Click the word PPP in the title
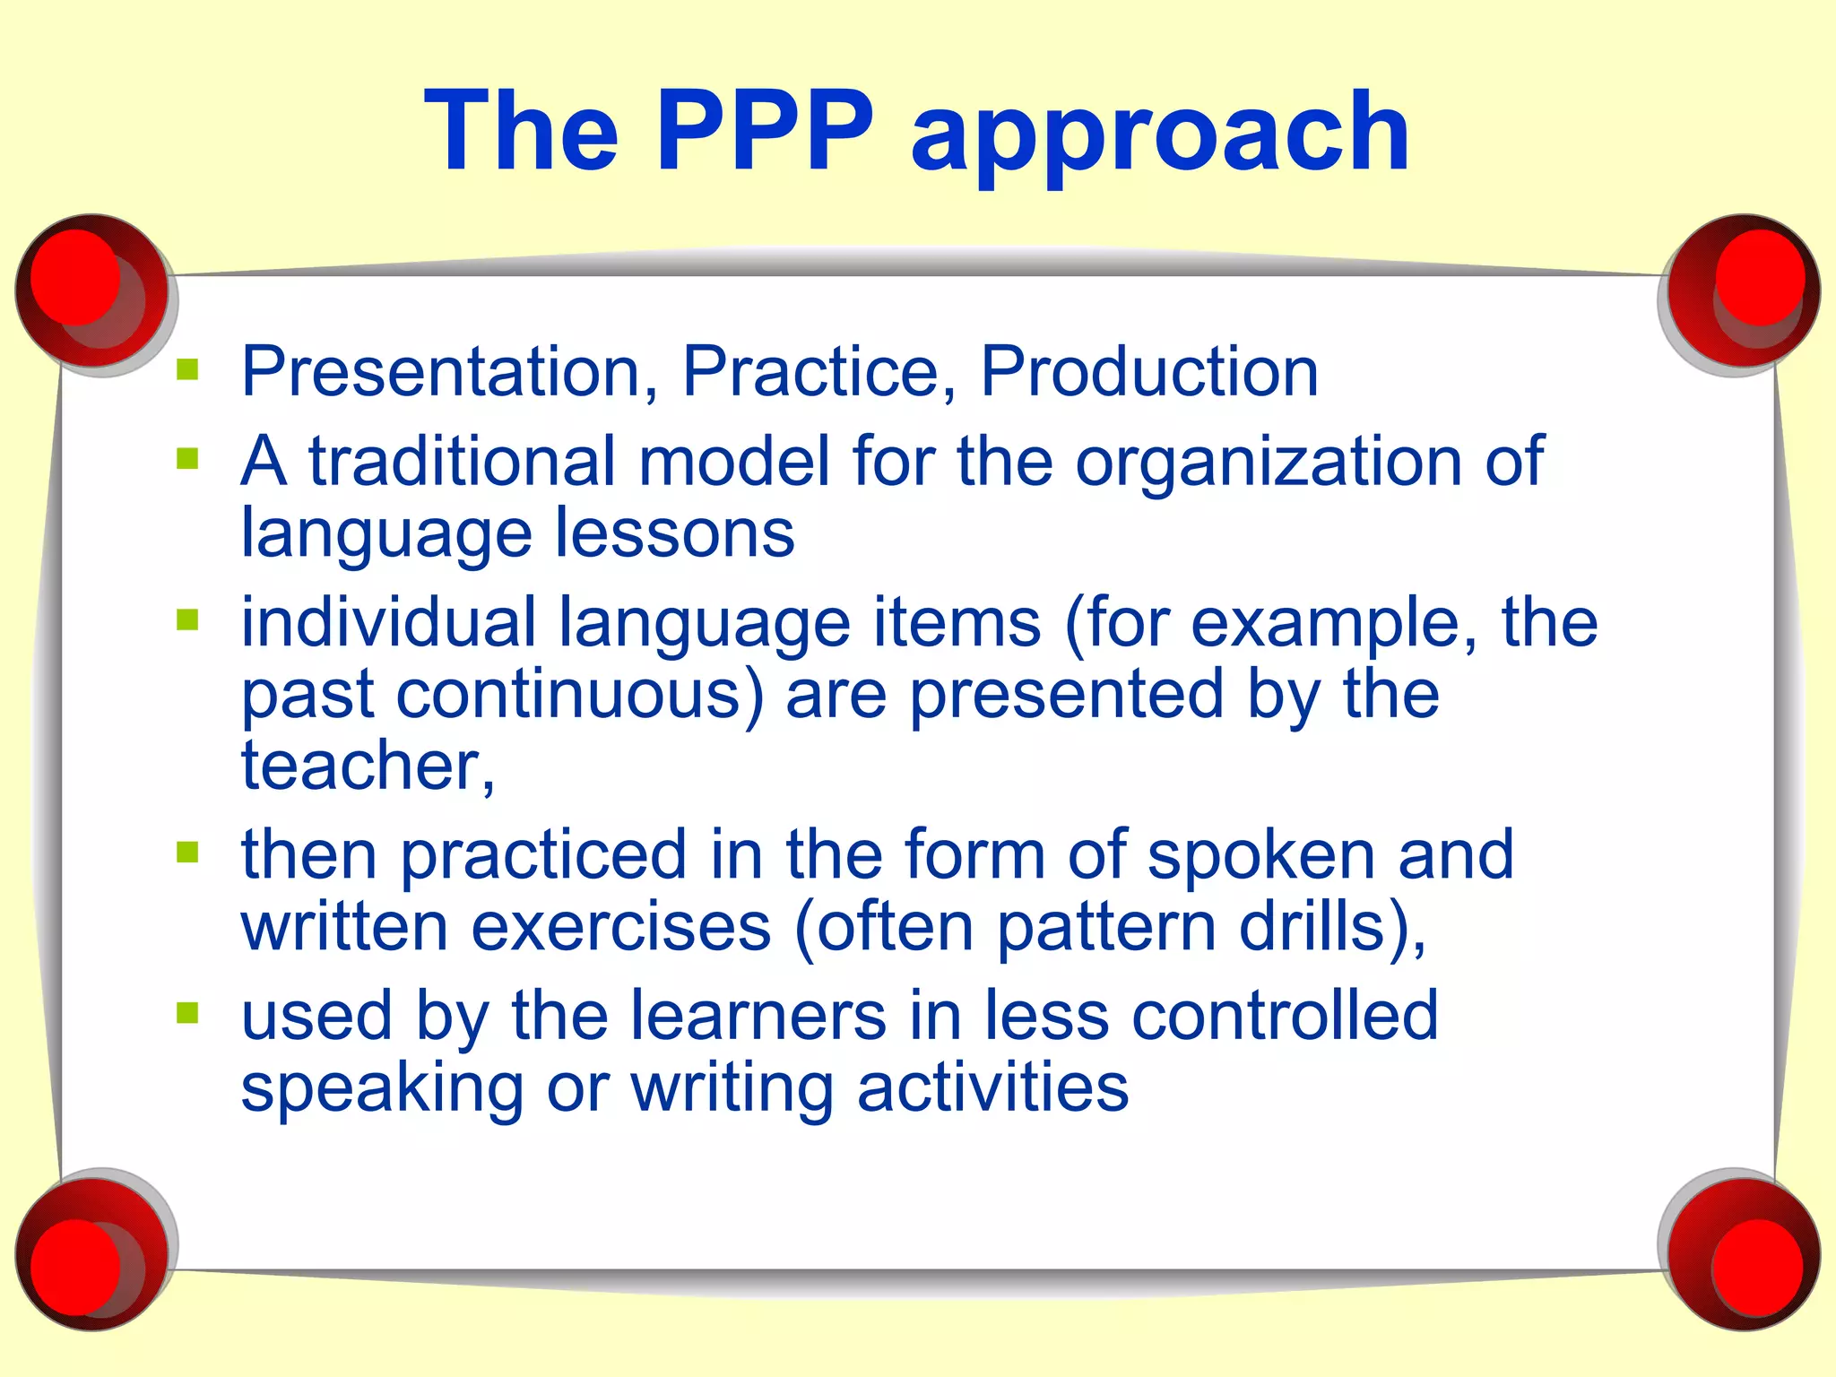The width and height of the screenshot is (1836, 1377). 765,132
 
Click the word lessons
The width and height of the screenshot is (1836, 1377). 674,533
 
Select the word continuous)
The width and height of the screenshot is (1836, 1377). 580,695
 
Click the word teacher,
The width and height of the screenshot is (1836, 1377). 368,766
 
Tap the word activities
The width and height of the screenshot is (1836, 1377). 992,1088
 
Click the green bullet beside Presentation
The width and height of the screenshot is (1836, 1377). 187,369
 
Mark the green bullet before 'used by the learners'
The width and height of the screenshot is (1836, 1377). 187,1013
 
